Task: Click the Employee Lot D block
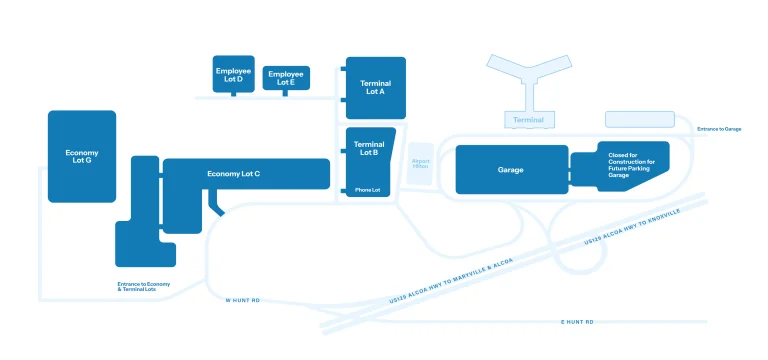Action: pos(234,73)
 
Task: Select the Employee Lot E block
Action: pos(286,77)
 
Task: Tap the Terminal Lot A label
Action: pos(375,87)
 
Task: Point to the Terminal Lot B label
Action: pos(369,149)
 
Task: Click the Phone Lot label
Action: pos(367,190)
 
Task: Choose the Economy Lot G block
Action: pos(82,157)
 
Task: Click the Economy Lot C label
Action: pos(233,174)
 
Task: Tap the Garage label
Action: pos(510,170)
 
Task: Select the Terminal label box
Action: pos(528,120)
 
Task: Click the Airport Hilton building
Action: pos(420,163)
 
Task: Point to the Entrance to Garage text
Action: pos(719,129)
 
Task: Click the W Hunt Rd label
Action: pos(242,300)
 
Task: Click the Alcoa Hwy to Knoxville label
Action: pos(632,228)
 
